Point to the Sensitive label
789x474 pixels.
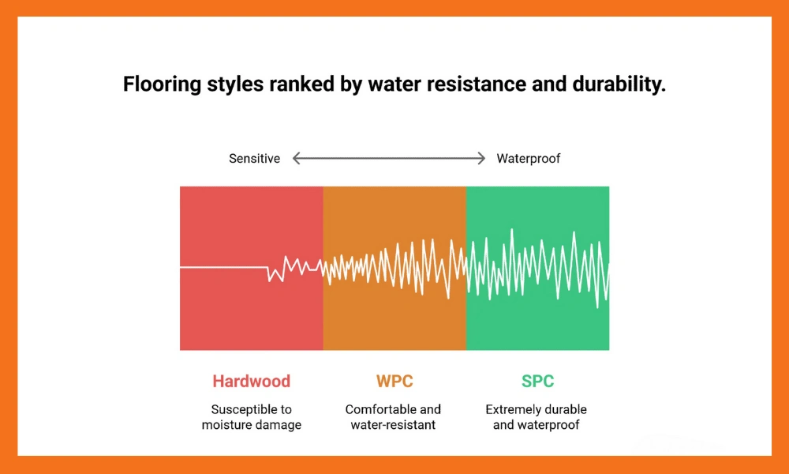click(254, 159)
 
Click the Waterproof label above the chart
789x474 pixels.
click(528, 159)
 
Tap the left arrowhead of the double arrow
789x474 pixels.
click(297, 159)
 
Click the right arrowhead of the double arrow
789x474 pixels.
click(481, 159)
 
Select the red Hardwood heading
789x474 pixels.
click(251, 381)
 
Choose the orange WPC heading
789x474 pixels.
click(394, 381)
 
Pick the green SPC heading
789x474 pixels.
click(537, 381)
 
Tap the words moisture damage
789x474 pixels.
click(251, 425)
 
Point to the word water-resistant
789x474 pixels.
click(393, 425)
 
